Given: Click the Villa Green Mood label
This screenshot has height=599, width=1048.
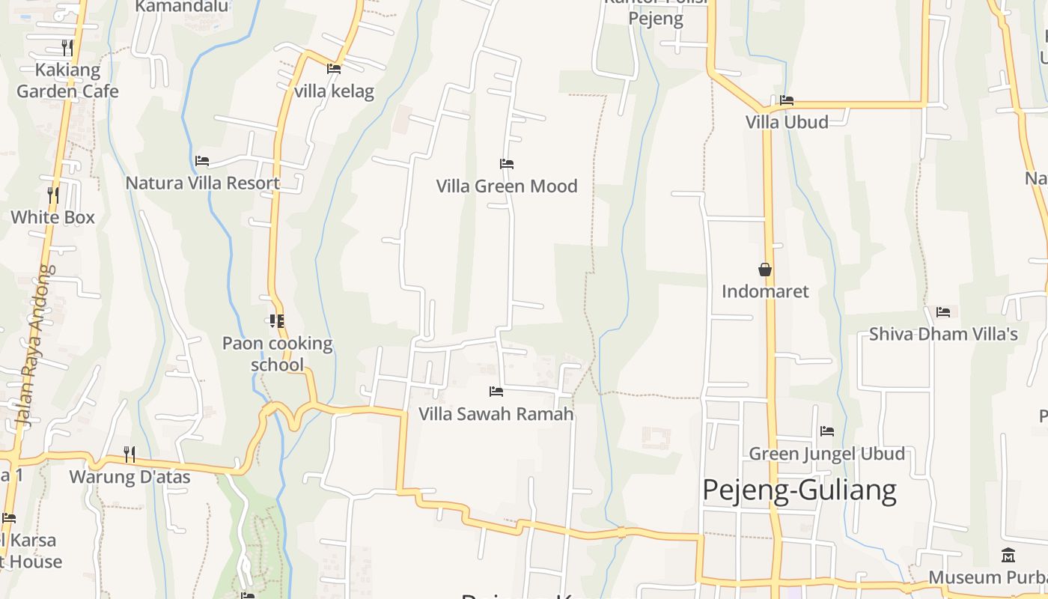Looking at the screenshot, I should pyautogui.click(x=507, y=186).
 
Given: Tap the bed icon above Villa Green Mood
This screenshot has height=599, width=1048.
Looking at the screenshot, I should pyautogui.click(x=507, y=163).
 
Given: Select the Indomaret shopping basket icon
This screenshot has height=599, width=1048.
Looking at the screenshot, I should pyautogui.click(x=765, y=269).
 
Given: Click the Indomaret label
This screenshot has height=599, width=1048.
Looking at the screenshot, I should pyautogui.click(x=765, y=291).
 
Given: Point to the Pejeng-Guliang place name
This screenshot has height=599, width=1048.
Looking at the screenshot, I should pyautogui.click(x=799, y=490).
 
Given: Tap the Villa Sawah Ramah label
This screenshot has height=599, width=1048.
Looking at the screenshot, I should pyautogui.click(x=496, y=414).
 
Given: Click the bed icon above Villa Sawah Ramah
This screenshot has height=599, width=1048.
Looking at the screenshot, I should pyautogui.click(x=496, y=391).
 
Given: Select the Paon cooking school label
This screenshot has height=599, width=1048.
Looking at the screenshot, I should pyautogui.click(x=277, y=354).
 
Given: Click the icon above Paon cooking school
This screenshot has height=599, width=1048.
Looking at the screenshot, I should pyautogui.click(x=276, y=321).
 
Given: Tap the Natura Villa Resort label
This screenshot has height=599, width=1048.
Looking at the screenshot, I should pyautogui.click(x=202, y=183).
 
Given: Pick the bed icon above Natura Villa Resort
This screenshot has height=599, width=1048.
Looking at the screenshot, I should pyautogui.click(x=202, y=160).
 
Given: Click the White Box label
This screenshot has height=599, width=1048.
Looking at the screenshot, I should pyautogui.click(x=52, y=217).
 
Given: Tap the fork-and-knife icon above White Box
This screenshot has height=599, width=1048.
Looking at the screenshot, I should pyautogui.click(x=53, y=195).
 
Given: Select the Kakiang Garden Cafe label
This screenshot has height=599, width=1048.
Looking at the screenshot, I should pyautogui.click(x=67, y=81).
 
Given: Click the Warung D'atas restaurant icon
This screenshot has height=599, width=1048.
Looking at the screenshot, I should pyautogui.click(x=130, y=454).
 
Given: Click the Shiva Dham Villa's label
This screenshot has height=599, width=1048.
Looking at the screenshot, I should pyautogui.click(x=943, y=334).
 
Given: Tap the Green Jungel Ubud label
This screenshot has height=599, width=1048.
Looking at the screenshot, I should pyautogui.click(x=826, y=454).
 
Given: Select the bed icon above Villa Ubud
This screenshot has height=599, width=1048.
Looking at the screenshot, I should pyautogui.click(x=787, y=100).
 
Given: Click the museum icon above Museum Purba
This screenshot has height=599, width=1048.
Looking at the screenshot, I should pyautogui.click(x=1008, y=556).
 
